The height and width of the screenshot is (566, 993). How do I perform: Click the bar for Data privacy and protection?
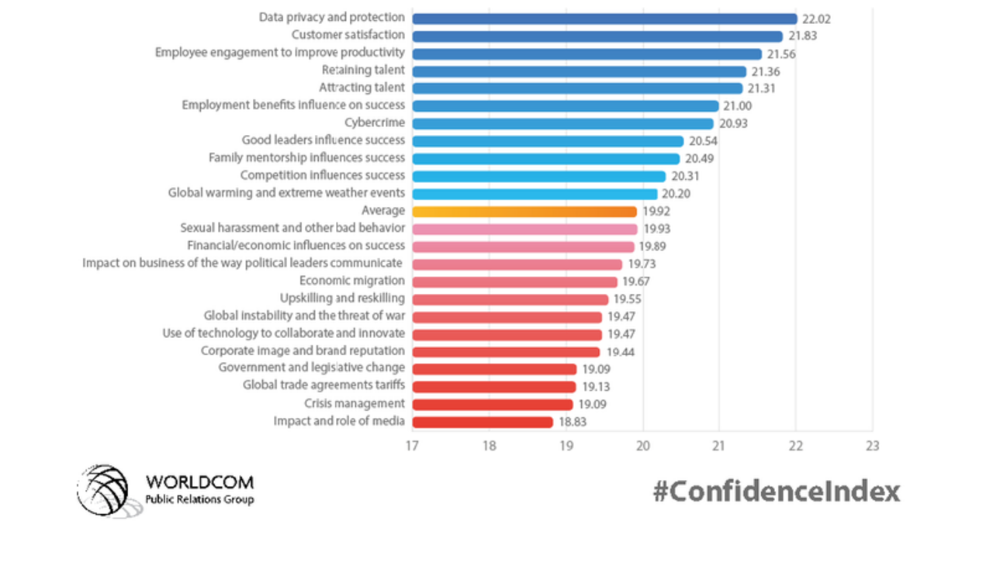(604, 19)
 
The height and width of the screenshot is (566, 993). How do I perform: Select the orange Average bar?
(524, 212)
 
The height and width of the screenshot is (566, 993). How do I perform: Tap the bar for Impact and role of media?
(483, 422)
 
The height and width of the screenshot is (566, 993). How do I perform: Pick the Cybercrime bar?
(562, 123)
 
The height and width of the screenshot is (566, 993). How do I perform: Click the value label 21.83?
(804, 36)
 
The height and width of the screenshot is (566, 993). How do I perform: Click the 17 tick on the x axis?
(412, 446)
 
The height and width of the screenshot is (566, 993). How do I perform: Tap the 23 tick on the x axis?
(872, 446)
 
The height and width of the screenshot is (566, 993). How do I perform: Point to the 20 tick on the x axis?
(642, 446)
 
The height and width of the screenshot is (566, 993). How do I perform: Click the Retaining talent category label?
(363, 71)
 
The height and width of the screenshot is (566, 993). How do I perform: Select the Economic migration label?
(352, 281)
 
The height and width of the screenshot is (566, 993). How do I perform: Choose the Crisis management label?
(355, 403)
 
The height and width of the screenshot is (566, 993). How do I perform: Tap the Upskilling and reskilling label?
(342, 299)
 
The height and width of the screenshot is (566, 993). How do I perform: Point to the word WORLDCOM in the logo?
(199, 483)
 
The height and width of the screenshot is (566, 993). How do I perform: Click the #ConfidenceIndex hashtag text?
(776, 492)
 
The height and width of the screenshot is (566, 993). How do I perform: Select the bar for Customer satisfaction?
(597, 36)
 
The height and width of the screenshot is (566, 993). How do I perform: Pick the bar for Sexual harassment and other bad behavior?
(524, 229)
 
